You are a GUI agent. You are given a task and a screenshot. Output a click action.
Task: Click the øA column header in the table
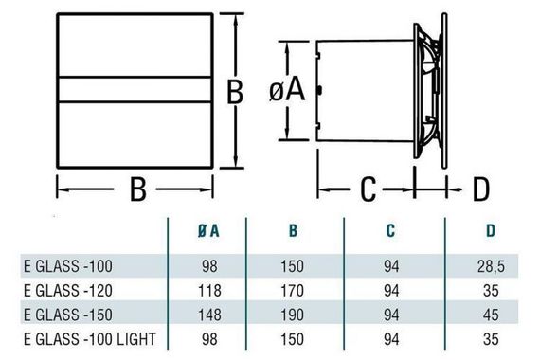(x=211, y=229)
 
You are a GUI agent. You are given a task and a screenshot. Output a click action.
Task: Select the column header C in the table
(x=392, y=229)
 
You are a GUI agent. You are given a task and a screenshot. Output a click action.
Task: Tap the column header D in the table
(x=489, y=229)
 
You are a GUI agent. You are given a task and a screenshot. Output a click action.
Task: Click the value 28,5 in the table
(x=489, y=267)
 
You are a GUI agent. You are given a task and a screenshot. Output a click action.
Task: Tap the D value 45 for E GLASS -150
(x=489, y=315)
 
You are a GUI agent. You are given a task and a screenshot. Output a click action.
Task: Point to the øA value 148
(x=211, y=315)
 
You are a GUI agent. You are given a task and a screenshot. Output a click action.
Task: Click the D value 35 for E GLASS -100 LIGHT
(x=489, y=339)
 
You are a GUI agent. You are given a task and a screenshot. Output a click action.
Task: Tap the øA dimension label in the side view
(x=286, y=91)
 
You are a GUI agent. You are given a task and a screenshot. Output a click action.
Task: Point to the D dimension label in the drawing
(x=480, y=189)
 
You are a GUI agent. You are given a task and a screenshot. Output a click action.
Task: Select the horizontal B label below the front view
(x=137, y=190)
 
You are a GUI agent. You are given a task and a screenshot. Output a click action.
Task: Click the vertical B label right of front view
(x=236, y=92)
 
